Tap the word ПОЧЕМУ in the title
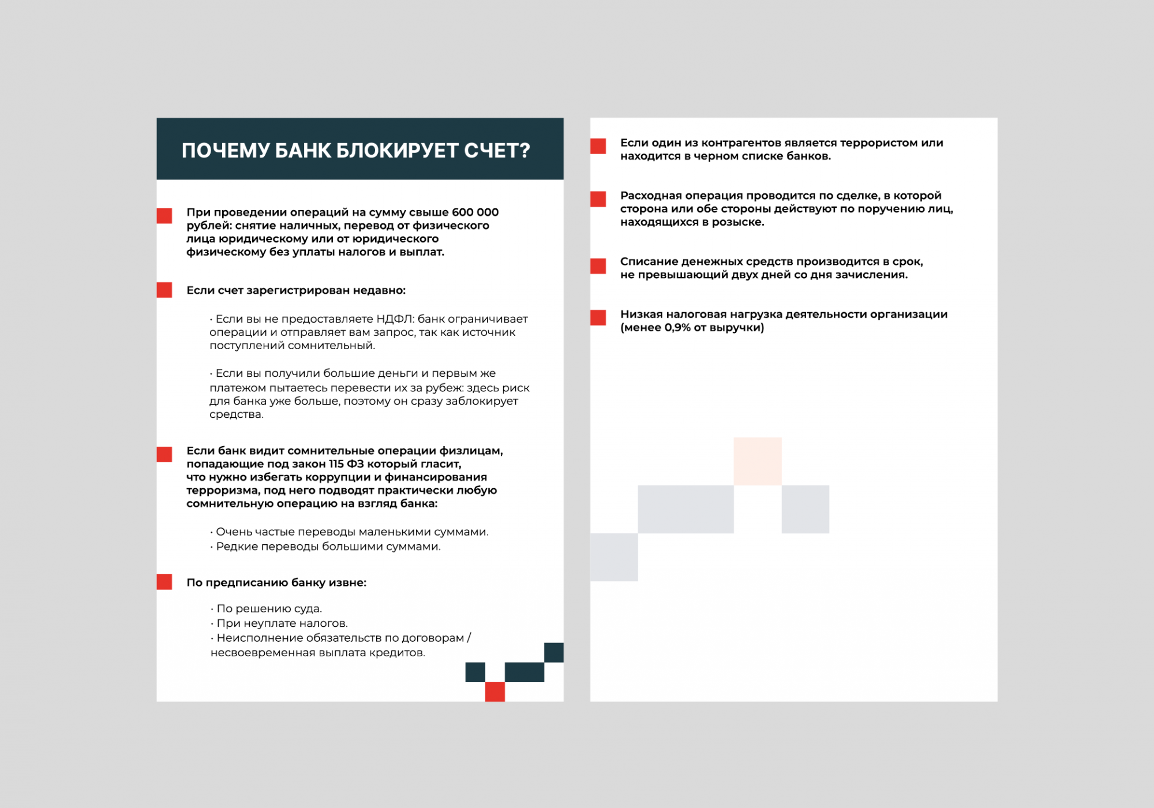pyautogui.click(x=224, y=151)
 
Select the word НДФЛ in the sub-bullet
pyautogui.click(x=395, y=319)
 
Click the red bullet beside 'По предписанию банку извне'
pyautogui.click(x=164, y=582)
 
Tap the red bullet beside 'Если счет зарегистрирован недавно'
pyautogui.click(x=164, y=290)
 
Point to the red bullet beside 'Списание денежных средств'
pyautogui.click(x=598, y=266)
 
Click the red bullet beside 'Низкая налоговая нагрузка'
pyautogui.click(x=598, y=317)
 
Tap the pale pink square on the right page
pyautogui.click(x=758, y=461)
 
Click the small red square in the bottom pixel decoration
pyautogui.click(x=495, y=691)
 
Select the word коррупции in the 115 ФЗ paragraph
pyautogui.click(x=333, y=477)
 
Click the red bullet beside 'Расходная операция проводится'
pyautogui.click(x=598, y=199)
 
